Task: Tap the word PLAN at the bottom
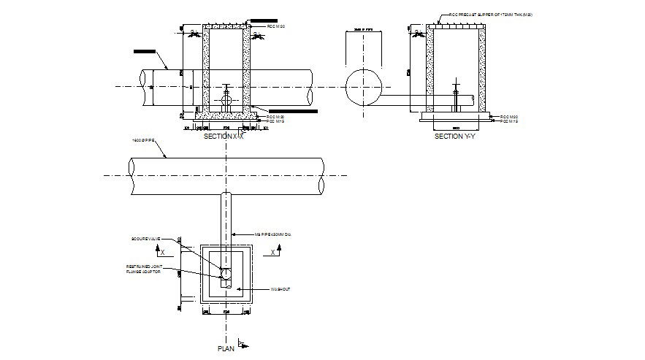point(226,349)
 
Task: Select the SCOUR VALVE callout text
point(145,239)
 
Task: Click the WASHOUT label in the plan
point(281,290)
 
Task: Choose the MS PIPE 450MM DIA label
point(277,234)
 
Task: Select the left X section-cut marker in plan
point(162,252)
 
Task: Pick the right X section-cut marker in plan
point(274,252)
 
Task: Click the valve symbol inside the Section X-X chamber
point(226,96)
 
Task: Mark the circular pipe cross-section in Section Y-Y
point(363,85)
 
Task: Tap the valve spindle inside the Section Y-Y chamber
point(455,96)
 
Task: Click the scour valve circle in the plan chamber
point(226,274)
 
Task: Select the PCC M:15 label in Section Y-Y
point(508,122)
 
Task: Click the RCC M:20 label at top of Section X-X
point(275,26)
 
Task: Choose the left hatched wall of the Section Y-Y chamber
point(430,69)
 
